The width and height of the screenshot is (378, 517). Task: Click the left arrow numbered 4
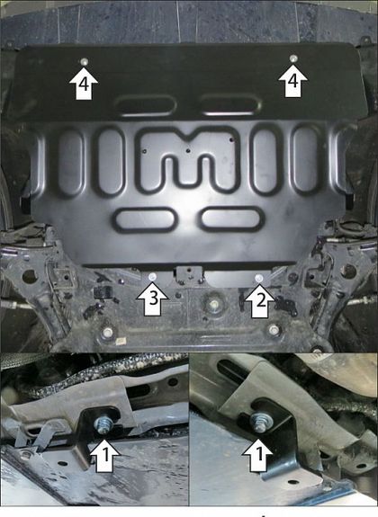coord(84,84)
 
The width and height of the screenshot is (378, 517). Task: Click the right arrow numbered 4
coord(292,81)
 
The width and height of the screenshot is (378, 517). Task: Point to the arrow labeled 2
coord(260,300)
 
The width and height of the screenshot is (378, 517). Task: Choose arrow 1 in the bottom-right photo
coord(259,454)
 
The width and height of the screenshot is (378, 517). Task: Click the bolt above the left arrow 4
coord(85,61)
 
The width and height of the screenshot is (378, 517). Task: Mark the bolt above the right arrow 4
coord(292,58)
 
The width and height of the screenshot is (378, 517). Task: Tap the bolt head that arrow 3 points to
coord(152,277)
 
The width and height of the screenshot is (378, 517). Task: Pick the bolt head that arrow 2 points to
coord(259,278)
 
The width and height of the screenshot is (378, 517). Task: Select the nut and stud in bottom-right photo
coord(260,422)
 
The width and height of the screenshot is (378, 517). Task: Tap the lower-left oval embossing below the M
coord(143,220)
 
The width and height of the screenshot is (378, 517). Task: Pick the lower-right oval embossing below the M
coord(233,218)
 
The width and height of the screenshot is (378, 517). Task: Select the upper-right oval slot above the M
coord(230,104)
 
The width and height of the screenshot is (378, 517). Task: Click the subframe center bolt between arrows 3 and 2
coord(212,305)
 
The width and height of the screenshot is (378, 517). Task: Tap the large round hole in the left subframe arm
coord(30,276)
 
